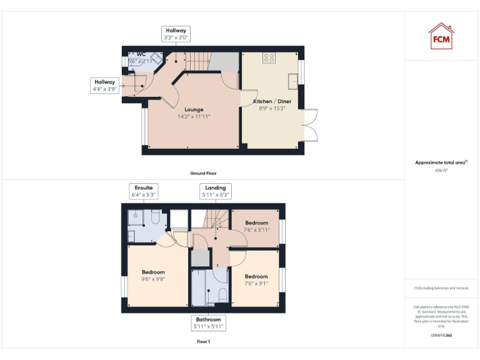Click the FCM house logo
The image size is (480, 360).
coord(441,36)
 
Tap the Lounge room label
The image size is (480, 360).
coord(194,109)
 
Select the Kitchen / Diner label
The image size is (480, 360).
coord(272,101)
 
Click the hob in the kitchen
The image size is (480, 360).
coord(269,57)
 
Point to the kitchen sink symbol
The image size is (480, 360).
coord(292,80)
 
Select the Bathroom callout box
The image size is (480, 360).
coord(209,322)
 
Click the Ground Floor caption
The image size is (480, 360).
coord(204,173)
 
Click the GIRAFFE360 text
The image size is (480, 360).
coord(441,336)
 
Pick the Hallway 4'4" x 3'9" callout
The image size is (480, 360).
coord(105,86)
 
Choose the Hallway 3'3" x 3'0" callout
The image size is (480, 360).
coord(176,34)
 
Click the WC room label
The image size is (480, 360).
coord(141,54)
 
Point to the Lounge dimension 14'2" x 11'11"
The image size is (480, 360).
coord(194,116)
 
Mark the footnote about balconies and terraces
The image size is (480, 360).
coord(441,288)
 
